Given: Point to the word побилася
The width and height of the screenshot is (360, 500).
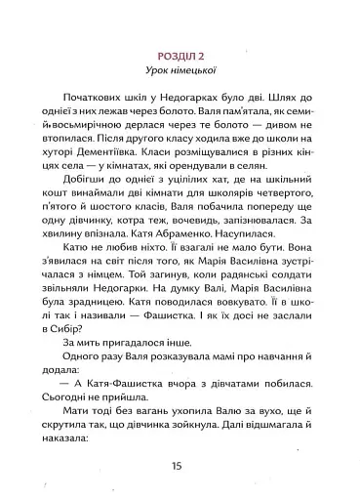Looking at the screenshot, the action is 283,404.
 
